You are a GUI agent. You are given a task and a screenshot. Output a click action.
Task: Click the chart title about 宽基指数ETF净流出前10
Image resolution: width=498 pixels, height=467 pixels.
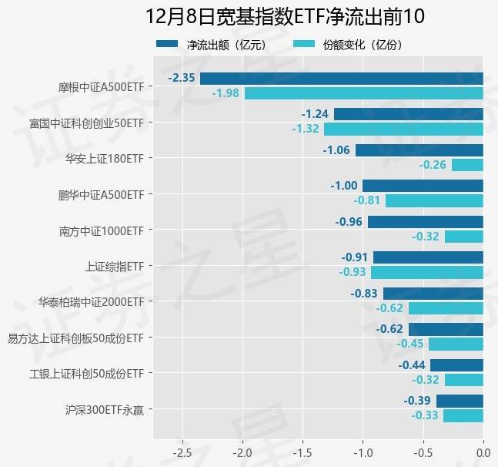click(x=285, y=17)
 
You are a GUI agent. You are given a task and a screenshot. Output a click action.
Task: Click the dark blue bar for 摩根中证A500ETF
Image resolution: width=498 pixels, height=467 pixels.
click(x=342, y=79)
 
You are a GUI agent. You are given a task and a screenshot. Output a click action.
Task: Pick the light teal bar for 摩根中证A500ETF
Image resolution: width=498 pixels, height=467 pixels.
click(x=364, y=93)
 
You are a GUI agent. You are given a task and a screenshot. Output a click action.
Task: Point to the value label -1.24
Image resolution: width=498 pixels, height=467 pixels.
click(x=315, y=114)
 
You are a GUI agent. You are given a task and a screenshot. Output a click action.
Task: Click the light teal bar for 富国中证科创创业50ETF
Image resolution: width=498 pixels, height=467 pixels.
click(x=403, y=129)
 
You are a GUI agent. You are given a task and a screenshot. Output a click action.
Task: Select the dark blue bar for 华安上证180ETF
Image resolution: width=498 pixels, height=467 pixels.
click(x=419, y=150)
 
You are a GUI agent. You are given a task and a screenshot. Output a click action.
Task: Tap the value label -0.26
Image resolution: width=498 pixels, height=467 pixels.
click(x=433, y=165)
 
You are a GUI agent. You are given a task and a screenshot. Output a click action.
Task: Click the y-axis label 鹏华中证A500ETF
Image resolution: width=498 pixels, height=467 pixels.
click(x=101, y=194)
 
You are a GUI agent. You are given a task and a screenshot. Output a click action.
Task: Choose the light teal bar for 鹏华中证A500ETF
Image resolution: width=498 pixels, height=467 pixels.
click(x=434, y=200)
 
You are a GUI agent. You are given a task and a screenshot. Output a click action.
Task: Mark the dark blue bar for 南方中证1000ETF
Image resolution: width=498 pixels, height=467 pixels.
click(x=426, y=222)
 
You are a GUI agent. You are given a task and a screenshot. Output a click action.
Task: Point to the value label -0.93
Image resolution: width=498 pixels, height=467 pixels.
click(x=353, y=272)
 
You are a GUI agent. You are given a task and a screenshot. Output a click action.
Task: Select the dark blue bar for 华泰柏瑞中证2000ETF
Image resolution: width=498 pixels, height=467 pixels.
click(x=433, y=294)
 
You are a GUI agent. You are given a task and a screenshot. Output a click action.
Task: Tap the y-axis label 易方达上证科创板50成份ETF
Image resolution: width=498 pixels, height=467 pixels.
click(x=75, y=338)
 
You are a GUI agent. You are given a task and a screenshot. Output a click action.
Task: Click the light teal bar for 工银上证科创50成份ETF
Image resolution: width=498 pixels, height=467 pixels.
click(x=464, y=380)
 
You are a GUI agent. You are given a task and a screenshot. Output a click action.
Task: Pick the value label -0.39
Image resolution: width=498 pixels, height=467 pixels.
click(x=417, y=401)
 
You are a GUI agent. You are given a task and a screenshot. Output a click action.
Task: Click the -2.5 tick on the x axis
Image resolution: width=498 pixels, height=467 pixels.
click(x=182, y=451)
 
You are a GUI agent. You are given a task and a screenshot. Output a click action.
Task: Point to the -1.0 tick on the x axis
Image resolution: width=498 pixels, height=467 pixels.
click(x=363, y=451)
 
